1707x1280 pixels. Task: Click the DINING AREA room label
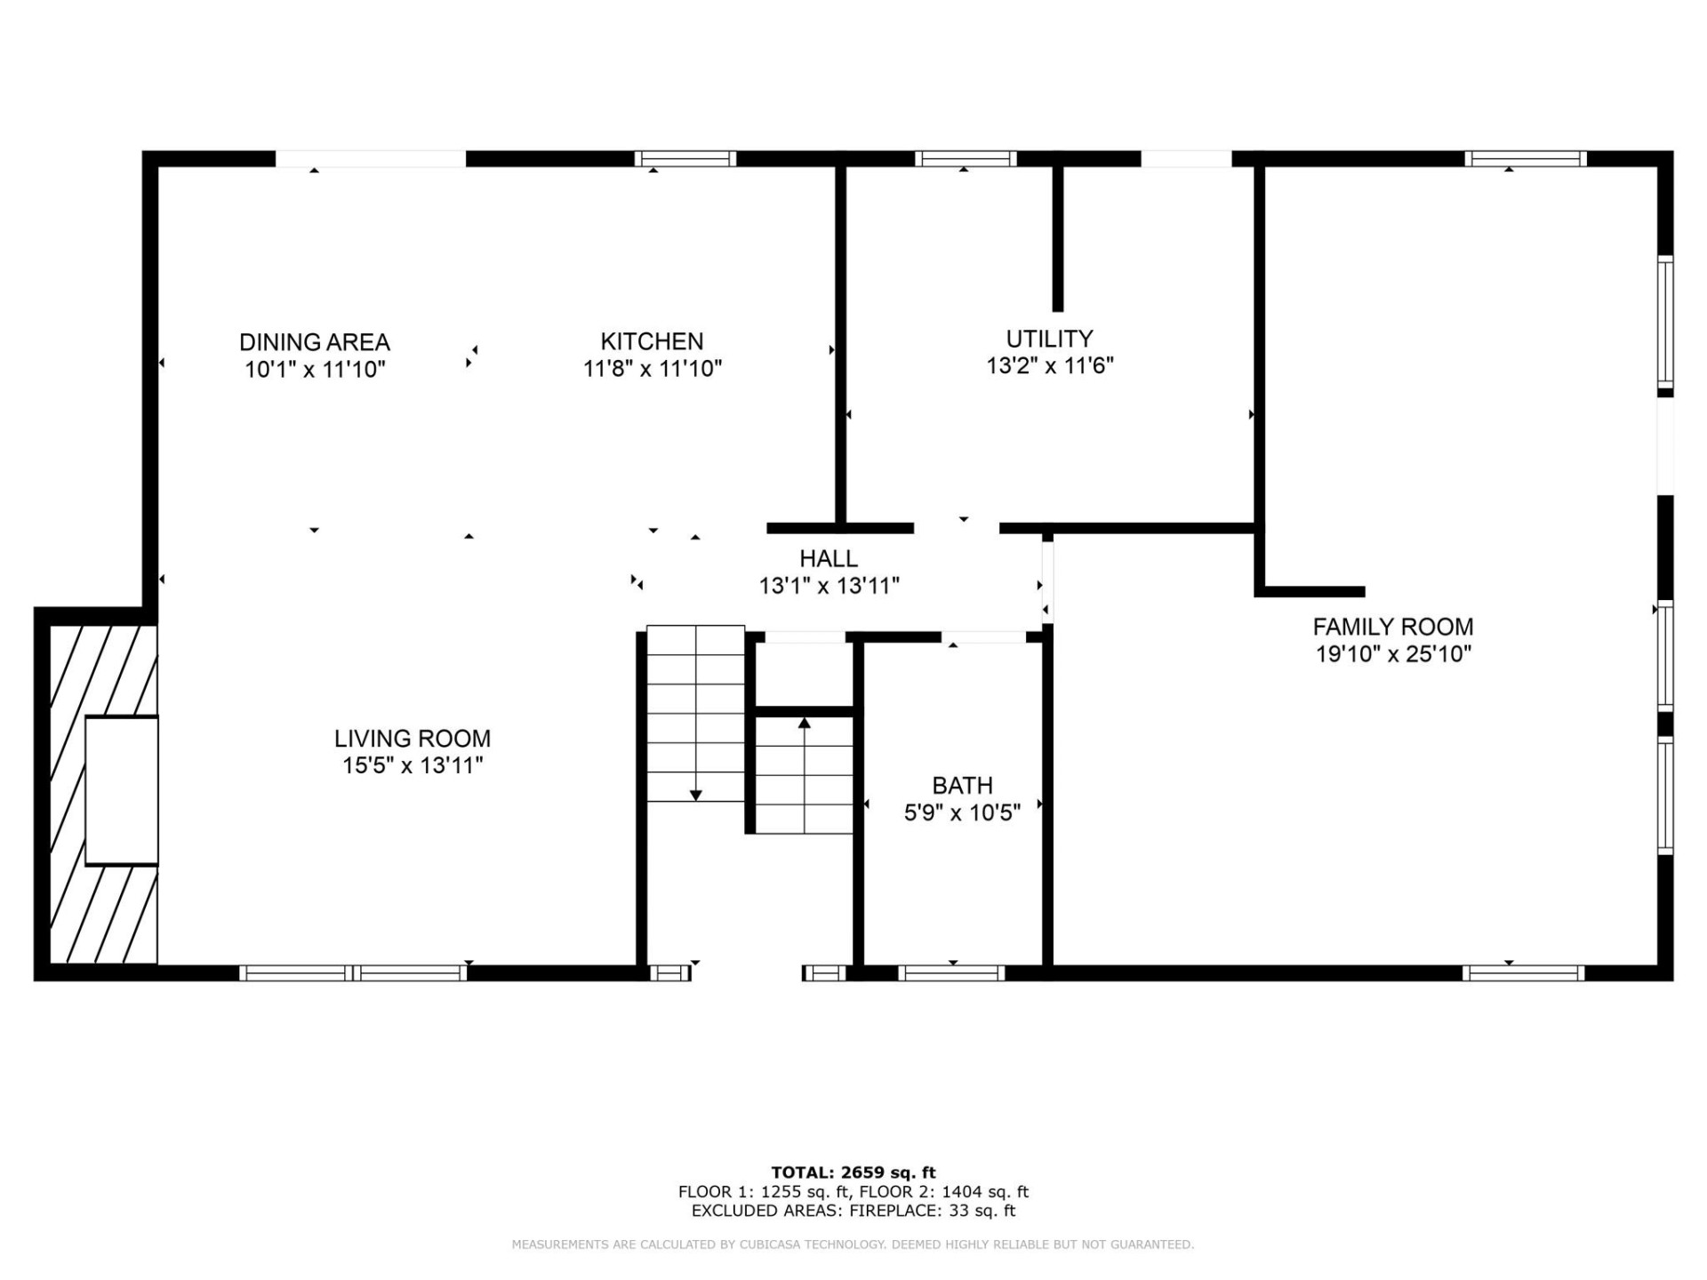tap(314, 342)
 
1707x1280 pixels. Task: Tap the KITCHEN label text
tap(652, 341)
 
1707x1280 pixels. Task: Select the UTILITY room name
tap(1049, 339)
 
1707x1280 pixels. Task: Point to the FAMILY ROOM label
tap(1392, 627)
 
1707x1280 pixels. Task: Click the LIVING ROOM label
tap(412, 739)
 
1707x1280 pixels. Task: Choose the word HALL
tap(828, 559)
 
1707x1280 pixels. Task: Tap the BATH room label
tap(962, 786)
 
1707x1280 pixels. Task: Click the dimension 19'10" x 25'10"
tap(1392, 654)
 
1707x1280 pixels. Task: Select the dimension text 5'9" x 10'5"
tap(962, 812)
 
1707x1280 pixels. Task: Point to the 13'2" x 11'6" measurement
tap(1049, 366)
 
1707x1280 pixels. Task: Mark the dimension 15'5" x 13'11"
tap(412, 765)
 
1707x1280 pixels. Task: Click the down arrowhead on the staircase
tap(696, 795)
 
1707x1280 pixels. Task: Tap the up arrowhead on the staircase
tap(805, 724)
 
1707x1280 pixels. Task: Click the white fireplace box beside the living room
tap(122, 790)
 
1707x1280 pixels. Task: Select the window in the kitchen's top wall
tap(685, 159)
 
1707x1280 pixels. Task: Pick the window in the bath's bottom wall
tap(952, 973)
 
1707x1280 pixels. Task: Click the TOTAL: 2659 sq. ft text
tap(853, 1172)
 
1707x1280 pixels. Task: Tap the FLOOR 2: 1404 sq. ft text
tap(943, 1192)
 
